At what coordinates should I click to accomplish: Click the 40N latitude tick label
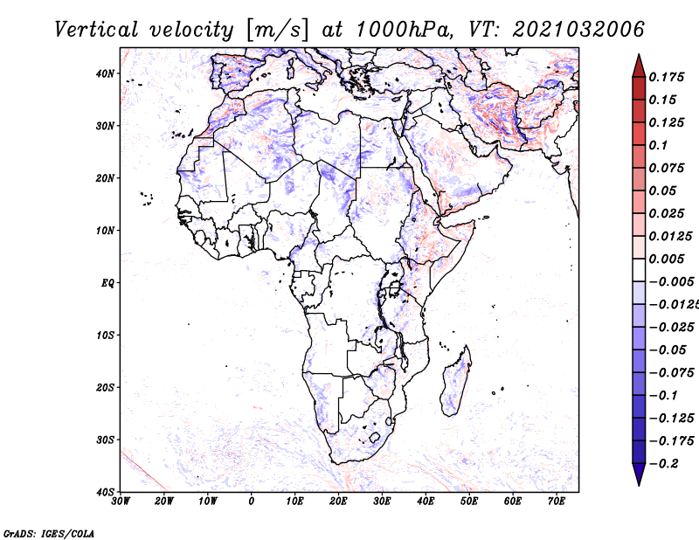105,73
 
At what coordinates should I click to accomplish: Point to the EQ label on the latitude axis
107,283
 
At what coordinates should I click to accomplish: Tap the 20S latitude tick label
105,387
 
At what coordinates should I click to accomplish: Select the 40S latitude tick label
105,492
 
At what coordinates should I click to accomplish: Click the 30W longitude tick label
121,502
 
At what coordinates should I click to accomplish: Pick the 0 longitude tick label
252,502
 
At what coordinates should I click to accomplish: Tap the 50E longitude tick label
469,502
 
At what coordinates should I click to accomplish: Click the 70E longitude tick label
556,502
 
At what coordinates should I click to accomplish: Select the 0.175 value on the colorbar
667,77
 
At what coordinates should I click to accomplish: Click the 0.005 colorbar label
667,259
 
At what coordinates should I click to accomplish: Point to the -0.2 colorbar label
664,464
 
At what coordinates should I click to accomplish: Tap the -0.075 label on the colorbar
672,373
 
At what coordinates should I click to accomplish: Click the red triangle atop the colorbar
639,66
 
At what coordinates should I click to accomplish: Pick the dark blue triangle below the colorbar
639,474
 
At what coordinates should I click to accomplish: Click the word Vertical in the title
96,30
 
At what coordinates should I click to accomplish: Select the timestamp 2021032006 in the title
578,30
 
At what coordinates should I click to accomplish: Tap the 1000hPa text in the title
402,30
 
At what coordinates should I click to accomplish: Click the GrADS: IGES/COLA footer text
49,534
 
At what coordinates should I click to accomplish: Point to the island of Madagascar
455,381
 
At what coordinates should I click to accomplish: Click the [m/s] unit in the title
276,31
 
